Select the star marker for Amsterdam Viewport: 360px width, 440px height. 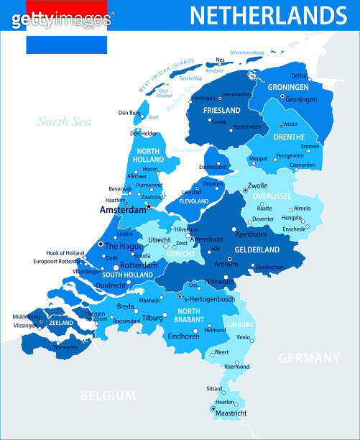[148, 206]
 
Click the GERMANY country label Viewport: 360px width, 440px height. [308, 358]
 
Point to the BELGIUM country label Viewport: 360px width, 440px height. [108, 395]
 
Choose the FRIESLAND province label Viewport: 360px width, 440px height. [221, 111]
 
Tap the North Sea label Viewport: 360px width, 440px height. [64, 122]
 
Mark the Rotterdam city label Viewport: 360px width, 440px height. [131, 265]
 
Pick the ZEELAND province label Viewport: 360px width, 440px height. [61, 324]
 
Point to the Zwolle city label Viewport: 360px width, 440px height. [258, 185]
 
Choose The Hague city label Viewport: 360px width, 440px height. [124, 245]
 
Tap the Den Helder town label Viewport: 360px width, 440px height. [143, 133]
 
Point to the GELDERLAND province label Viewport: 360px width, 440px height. [257, 249]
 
